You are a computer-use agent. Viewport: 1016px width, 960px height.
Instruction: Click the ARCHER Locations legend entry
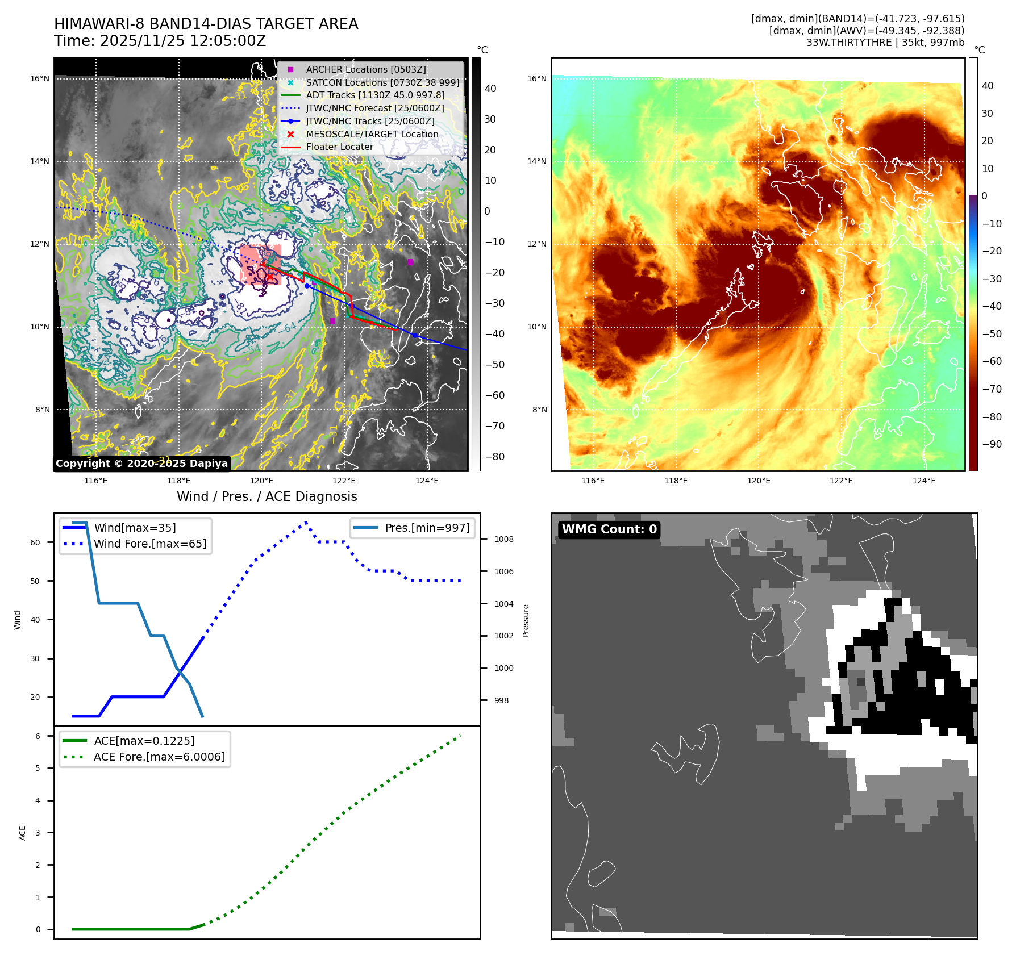(365, 69)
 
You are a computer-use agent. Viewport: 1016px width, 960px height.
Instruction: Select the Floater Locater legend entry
(339, 147)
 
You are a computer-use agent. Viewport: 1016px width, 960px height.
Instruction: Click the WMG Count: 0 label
(609, 529)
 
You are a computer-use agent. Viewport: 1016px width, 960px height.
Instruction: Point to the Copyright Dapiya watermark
(141, 464)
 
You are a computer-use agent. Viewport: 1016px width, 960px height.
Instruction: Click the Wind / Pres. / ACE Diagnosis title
(267, 496)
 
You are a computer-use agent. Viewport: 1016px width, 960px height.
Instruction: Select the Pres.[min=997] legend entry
(427, 528)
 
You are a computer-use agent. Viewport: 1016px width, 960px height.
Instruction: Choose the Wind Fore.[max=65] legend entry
(150, 544)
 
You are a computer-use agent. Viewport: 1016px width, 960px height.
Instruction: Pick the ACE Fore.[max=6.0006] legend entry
(159, 757)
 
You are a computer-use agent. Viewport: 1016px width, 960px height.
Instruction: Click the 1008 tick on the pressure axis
(503, 539)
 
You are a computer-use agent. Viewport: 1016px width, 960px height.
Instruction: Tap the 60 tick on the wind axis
(35, 542)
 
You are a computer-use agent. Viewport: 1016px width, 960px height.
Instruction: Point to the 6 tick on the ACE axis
(38, 736)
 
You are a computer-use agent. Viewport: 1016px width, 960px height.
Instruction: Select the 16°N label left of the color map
(536, 78)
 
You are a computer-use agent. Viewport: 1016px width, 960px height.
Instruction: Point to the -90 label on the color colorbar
(992, 444)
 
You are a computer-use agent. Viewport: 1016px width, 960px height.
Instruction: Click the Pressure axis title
(526, 620)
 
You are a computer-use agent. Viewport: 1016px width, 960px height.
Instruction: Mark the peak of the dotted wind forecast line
(306, 521)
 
